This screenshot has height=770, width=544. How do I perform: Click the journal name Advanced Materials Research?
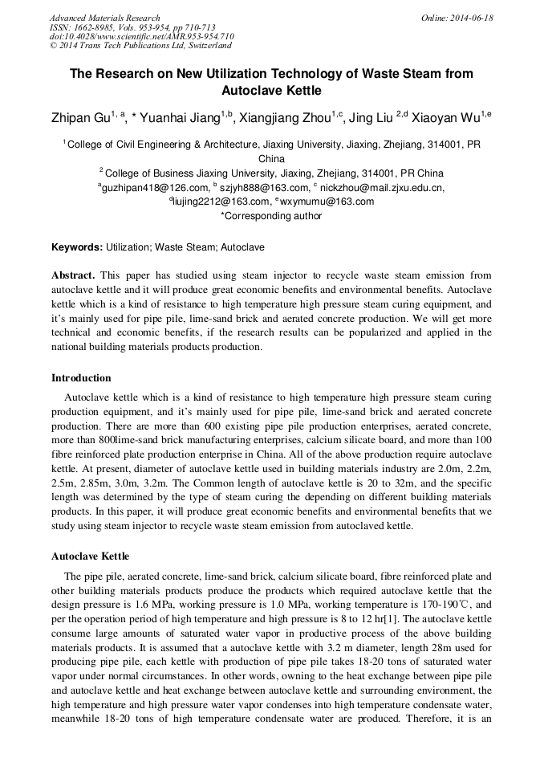[x=105, y=18]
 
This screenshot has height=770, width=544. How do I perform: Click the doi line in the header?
[x=142, y=37]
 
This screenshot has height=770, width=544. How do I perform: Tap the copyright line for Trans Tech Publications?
[x=140, y=47]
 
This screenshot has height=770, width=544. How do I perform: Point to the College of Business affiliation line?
[x=271, y=173]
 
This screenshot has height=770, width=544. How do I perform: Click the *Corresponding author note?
[x=271, y=215]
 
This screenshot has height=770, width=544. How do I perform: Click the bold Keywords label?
[x=77, y=247]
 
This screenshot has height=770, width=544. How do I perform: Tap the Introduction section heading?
[x=81, y=377]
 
